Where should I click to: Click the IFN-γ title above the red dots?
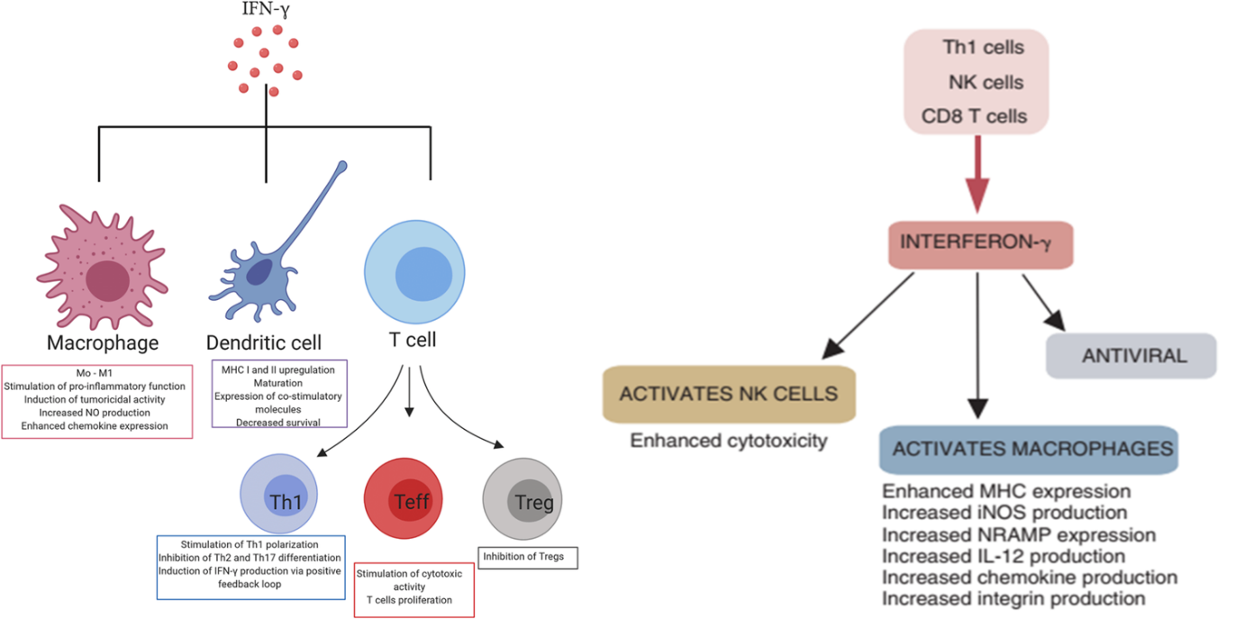click(x=266, y=9)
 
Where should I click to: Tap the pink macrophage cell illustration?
click(x=103, y=267)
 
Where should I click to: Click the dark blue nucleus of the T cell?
click(x=423, y=274)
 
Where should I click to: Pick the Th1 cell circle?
click(x=278, y=494)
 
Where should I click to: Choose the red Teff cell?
click(x=404, y=498)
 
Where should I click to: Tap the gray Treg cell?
click(x=523, y=499)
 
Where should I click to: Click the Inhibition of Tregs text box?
click(x=528, y=558)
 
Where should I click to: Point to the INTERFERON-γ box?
click(x=980, y=244)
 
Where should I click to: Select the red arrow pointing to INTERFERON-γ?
click(x=977, y=174)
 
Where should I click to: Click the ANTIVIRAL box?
click(x=1131, y=356)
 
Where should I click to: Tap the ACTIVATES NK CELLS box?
click(x=729, y=394)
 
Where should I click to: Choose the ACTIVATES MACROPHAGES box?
click(x=1029, y=449)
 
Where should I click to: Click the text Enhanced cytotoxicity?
click(x=729, y=441)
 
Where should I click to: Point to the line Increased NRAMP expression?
click(x=1019, y=534)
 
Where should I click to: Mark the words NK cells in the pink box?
click(x=986, y=82)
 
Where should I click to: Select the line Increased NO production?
click(x=95, y=413)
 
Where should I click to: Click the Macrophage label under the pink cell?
click(x=103, y=342)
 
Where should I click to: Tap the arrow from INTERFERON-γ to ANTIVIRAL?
click(x=1043, y=303)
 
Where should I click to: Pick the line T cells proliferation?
click(x=409, y=600)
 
